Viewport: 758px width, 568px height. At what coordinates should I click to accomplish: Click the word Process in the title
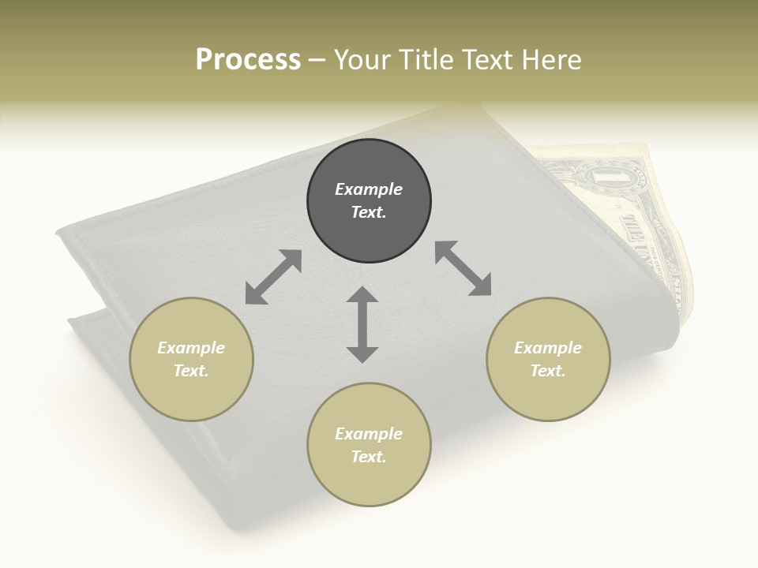(248, 60)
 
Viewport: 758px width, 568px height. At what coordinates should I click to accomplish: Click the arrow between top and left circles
(273, 277)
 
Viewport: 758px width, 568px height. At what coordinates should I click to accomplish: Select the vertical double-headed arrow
(362, 324)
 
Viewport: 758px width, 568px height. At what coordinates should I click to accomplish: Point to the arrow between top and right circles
(463, 268)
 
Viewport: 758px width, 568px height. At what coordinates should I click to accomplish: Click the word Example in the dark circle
(369, 189)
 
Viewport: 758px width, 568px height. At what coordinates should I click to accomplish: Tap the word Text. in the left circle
(191, 371)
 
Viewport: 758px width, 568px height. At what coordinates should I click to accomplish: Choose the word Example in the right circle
(548, 348)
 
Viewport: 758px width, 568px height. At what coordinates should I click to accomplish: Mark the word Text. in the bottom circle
(369, 457)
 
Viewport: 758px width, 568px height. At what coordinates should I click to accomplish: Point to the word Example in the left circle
(191, 348)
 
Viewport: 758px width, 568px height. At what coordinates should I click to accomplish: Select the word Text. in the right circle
(548, 371)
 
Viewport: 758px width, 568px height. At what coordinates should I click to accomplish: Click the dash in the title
(317, 60)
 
